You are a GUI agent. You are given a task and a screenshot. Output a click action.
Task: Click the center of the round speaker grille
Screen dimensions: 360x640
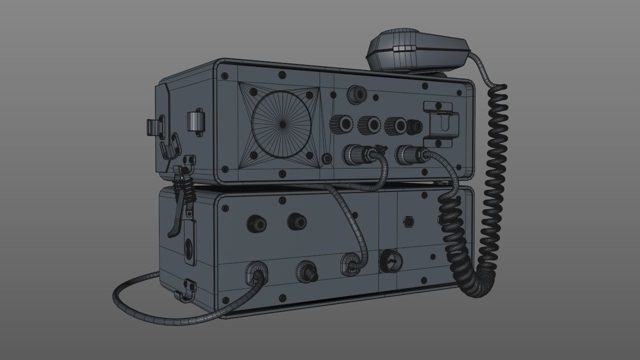(281, 122)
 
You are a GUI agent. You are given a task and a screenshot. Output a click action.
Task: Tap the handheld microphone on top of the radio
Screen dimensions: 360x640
(417, 50)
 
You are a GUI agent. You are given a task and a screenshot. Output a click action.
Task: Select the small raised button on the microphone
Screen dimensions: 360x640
(405, 48)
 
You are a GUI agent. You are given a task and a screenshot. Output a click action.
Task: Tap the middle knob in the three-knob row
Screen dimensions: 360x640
(369, 124)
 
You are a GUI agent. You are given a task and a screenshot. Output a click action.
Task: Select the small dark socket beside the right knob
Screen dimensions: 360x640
(414, 127)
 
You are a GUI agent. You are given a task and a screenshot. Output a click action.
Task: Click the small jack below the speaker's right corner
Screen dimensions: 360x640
(327, 159)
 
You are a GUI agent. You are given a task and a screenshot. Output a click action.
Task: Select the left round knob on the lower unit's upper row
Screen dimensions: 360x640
(255, 223)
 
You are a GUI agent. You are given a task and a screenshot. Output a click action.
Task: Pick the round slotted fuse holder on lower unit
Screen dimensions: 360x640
(390, 260)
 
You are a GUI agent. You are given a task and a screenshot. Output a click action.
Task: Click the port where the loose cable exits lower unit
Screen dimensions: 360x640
(255, 272)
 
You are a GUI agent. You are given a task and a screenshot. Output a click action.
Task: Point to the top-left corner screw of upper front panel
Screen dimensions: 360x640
(225, 75)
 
